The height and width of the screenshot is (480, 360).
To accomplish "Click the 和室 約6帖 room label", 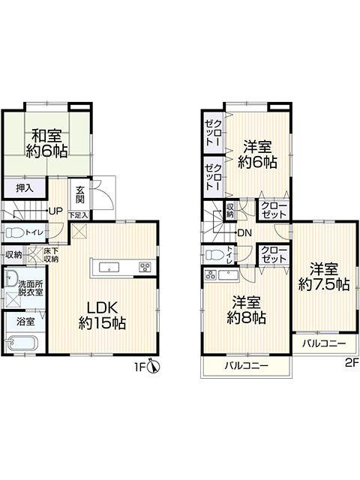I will pyautogui.click(x=49, y=143).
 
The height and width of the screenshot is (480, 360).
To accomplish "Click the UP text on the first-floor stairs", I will pyautogui.click(x=55, y=211).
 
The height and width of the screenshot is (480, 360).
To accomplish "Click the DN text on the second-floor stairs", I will pyautogui.click(x=244, y=232).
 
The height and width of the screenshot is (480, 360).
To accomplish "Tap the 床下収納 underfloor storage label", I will pyautogui.click(x=50, y=255).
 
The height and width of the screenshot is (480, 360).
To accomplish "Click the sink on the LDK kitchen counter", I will pyautogui.click(x=106, y=267).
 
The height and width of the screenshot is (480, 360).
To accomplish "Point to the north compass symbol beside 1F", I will pyautogui.click(x=152, y=366).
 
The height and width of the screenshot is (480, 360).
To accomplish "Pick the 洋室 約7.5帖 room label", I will pyautogui.click(x=323, y=276).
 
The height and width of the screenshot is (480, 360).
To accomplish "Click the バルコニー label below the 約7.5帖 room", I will pyautogui.click(x=324, y=343).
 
